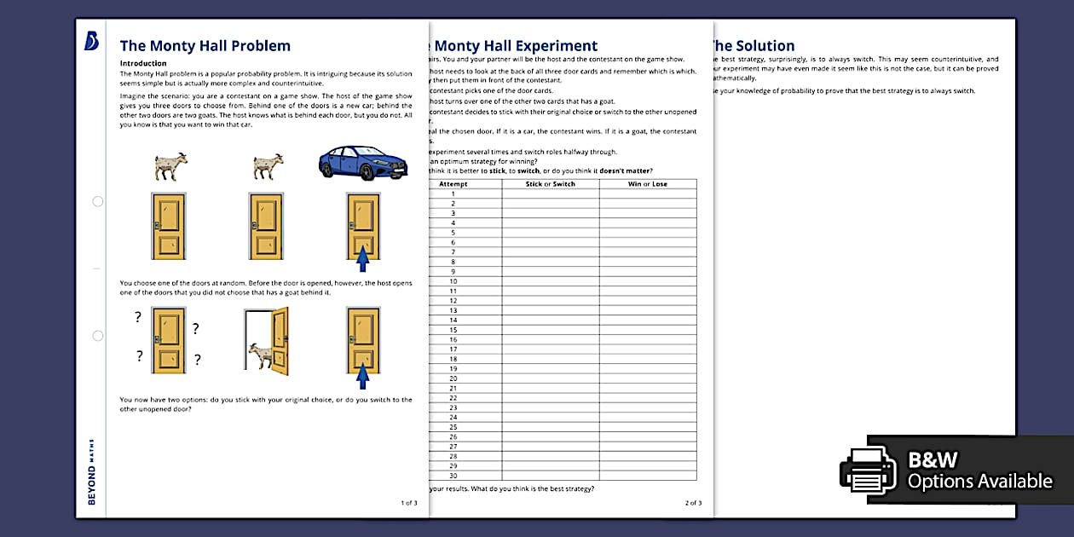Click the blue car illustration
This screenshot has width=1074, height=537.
350,162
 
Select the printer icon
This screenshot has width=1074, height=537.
868,471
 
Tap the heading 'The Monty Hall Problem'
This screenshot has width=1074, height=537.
205,46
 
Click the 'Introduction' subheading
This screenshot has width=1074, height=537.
143,63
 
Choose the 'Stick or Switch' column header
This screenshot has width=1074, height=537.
550,184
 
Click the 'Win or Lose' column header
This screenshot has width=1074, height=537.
647,184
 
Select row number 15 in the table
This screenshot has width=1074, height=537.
453,330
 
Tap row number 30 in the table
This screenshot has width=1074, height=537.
453,476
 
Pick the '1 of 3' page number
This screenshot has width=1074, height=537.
408,503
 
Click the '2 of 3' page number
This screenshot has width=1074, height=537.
693,503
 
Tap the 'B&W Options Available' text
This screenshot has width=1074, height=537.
979,471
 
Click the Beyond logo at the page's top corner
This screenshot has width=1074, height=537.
92,42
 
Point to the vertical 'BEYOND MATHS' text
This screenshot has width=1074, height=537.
92,471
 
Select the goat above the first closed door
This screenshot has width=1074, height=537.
170,166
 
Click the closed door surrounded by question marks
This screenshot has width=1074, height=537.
168,340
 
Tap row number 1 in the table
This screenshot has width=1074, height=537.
453,193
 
